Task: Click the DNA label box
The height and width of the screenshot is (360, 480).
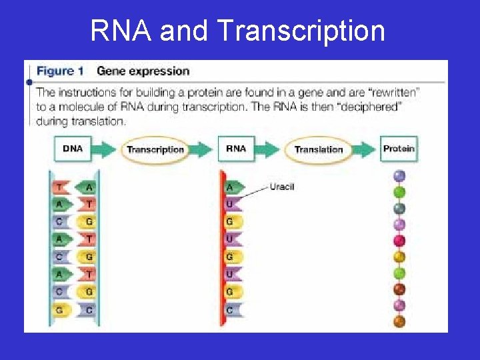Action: pos(72,149)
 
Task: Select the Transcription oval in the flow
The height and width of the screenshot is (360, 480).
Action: pos(155,149)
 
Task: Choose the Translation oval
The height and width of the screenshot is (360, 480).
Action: pos(318,149)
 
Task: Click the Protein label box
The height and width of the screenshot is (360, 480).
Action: pos(399,149)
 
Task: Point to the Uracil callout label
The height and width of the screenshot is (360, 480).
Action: pos(282,187)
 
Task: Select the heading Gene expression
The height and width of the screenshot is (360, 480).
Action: pos(143,71)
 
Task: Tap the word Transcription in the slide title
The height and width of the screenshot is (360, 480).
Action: pos(301,31)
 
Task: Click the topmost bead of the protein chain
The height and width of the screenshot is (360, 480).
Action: pos(399,176)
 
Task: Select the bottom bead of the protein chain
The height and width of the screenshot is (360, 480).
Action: pos(399,321)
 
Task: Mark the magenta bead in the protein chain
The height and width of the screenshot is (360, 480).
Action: pos(399,241)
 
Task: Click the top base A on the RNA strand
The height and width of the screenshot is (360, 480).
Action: pos(231,187)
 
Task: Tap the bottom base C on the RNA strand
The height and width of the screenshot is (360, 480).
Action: pos(231,309)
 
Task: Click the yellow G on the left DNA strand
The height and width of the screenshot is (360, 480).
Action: pos(61,309)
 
